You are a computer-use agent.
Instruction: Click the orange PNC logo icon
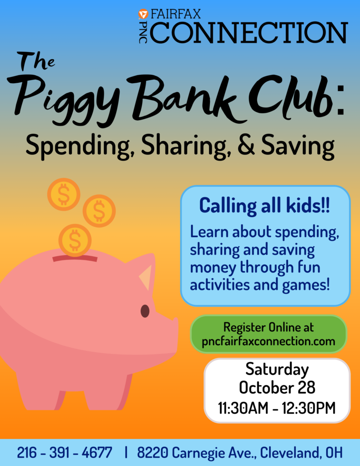tap(143, 14)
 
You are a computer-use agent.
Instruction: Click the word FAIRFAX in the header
tap(176, 14)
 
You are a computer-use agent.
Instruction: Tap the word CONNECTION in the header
tap(249, 32)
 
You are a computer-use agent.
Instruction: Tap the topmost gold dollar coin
tap(64, 194)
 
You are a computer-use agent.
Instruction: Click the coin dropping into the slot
tap(75, 240)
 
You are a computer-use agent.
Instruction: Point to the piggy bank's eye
tap(145, 311)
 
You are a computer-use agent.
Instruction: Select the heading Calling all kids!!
tap(264, 205)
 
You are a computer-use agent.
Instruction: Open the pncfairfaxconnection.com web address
tap(269, 341)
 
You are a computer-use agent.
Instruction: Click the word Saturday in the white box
tap(277, 370)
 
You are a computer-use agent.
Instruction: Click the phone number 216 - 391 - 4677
tap(65, 453)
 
